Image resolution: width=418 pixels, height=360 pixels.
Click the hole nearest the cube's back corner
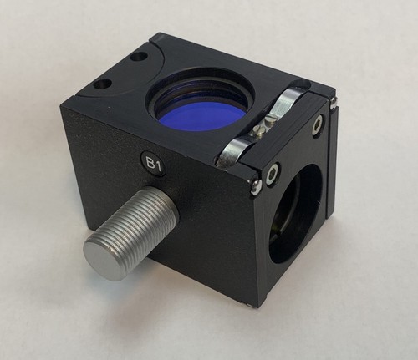coord(139,58)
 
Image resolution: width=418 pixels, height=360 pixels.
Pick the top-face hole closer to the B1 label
coord(102,84)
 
